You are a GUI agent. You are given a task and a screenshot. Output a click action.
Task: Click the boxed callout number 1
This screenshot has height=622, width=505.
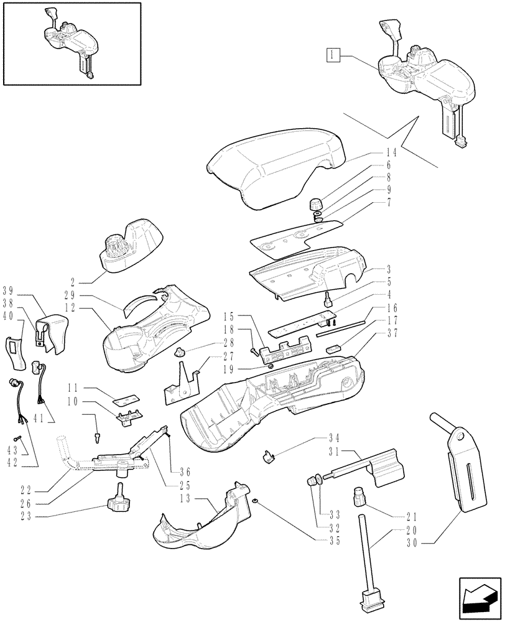click(333, 55)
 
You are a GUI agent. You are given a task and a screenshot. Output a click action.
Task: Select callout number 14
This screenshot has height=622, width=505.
click(391, 151)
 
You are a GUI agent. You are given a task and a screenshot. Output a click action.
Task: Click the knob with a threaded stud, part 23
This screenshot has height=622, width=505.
click(119, 499)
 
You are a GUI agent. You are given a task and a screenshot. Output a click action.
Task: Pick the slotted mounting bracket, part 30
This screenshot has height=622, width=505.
click(463, 466)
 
